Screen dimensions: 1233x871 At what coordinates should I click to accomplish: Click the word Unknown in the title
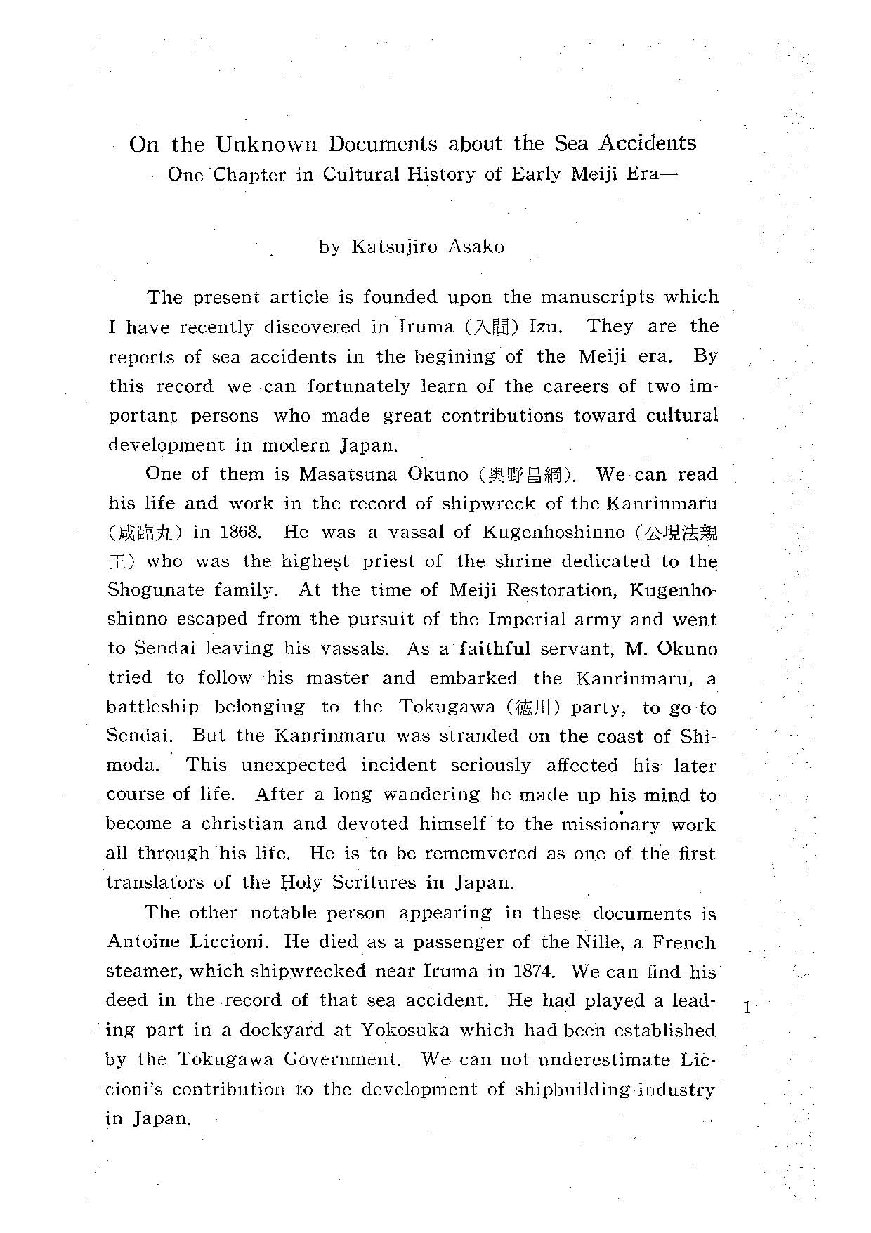(266, 144)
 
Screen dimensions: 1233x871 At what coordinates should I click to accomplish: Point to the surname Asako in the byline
(474, 247)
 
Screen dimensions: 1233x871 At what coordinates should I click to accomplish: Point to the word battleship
(152, 707)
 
